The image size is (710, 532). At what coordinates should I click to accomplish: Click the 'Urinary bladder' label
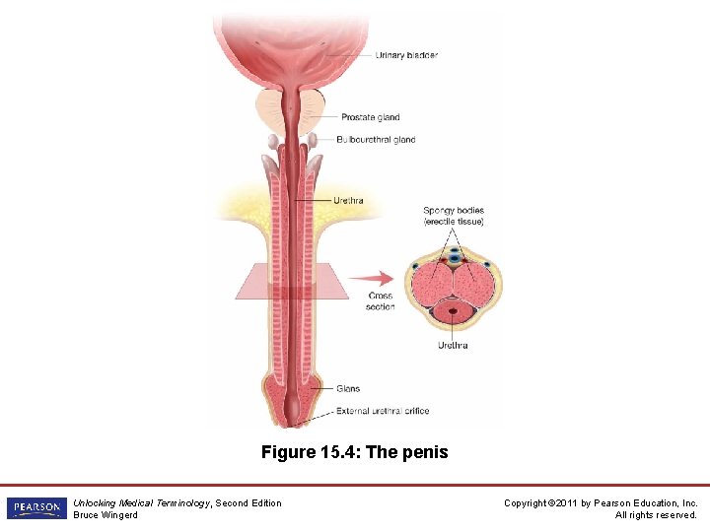point(406,55)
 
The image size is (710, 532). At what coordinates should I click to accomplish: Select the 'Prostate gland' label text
point(370,117)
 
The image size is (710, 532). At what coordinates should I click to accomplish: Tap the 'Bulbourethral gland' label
point(376,140)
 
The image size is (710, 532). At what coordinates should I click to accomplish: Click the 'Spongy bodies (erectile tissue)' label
point(454,216)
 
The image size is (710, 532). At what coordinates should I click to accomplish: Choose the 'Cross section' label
point(380,301)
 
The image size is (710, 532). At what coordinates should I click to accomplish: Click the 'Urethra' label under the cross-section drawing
point(453,346)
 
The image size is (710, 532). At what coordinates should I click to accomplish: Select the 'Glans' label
point(348,389)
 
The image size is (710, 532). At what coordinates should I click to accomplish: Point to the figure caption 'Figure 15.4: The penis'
point(354,452)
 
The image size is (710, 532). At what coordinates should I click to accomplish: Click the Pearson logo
point(35,508)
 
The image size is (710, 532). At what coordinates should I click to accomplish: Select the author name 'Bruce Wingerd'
point(106,515)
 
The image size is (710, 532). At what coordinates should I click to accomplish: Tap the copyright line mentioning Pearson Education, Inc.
point(601,503)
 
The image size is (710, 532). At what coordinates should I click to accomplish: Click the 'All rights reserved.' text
point(656,515)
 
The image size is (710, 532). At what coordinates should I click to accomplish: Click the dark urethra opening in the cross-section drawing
point(454,312)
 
